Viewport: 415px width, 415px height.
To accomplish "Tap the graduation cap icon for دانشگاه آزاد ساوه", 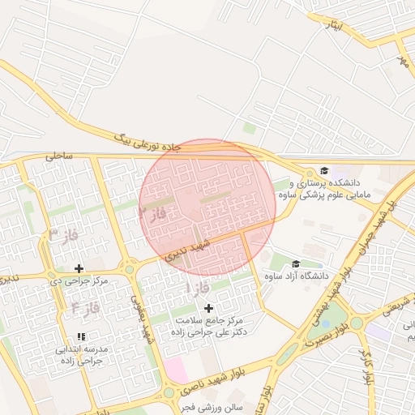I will click(x=295, y=263).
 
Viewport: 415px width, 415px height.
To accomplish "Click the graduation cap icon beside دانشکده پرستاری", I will click(x=324, y=171).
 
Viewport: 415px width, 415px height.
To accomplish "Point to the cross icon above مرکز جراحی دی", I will click(x=79, y=268).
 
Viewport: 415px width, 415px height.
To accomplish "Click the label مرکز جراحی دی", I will click(x=78, y=281).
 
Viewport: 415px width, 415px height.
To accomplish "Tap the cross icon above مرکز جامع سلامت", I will click(x=208, y=308).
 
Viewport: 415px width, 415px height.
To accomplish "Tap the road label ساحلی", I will click(x=59, y=155).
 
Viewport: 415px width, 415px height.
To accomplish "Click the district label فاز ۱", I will click(x=199, y=288).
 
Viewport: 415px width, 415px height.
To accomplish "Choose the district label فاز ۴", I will click(x=84, y=307).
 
